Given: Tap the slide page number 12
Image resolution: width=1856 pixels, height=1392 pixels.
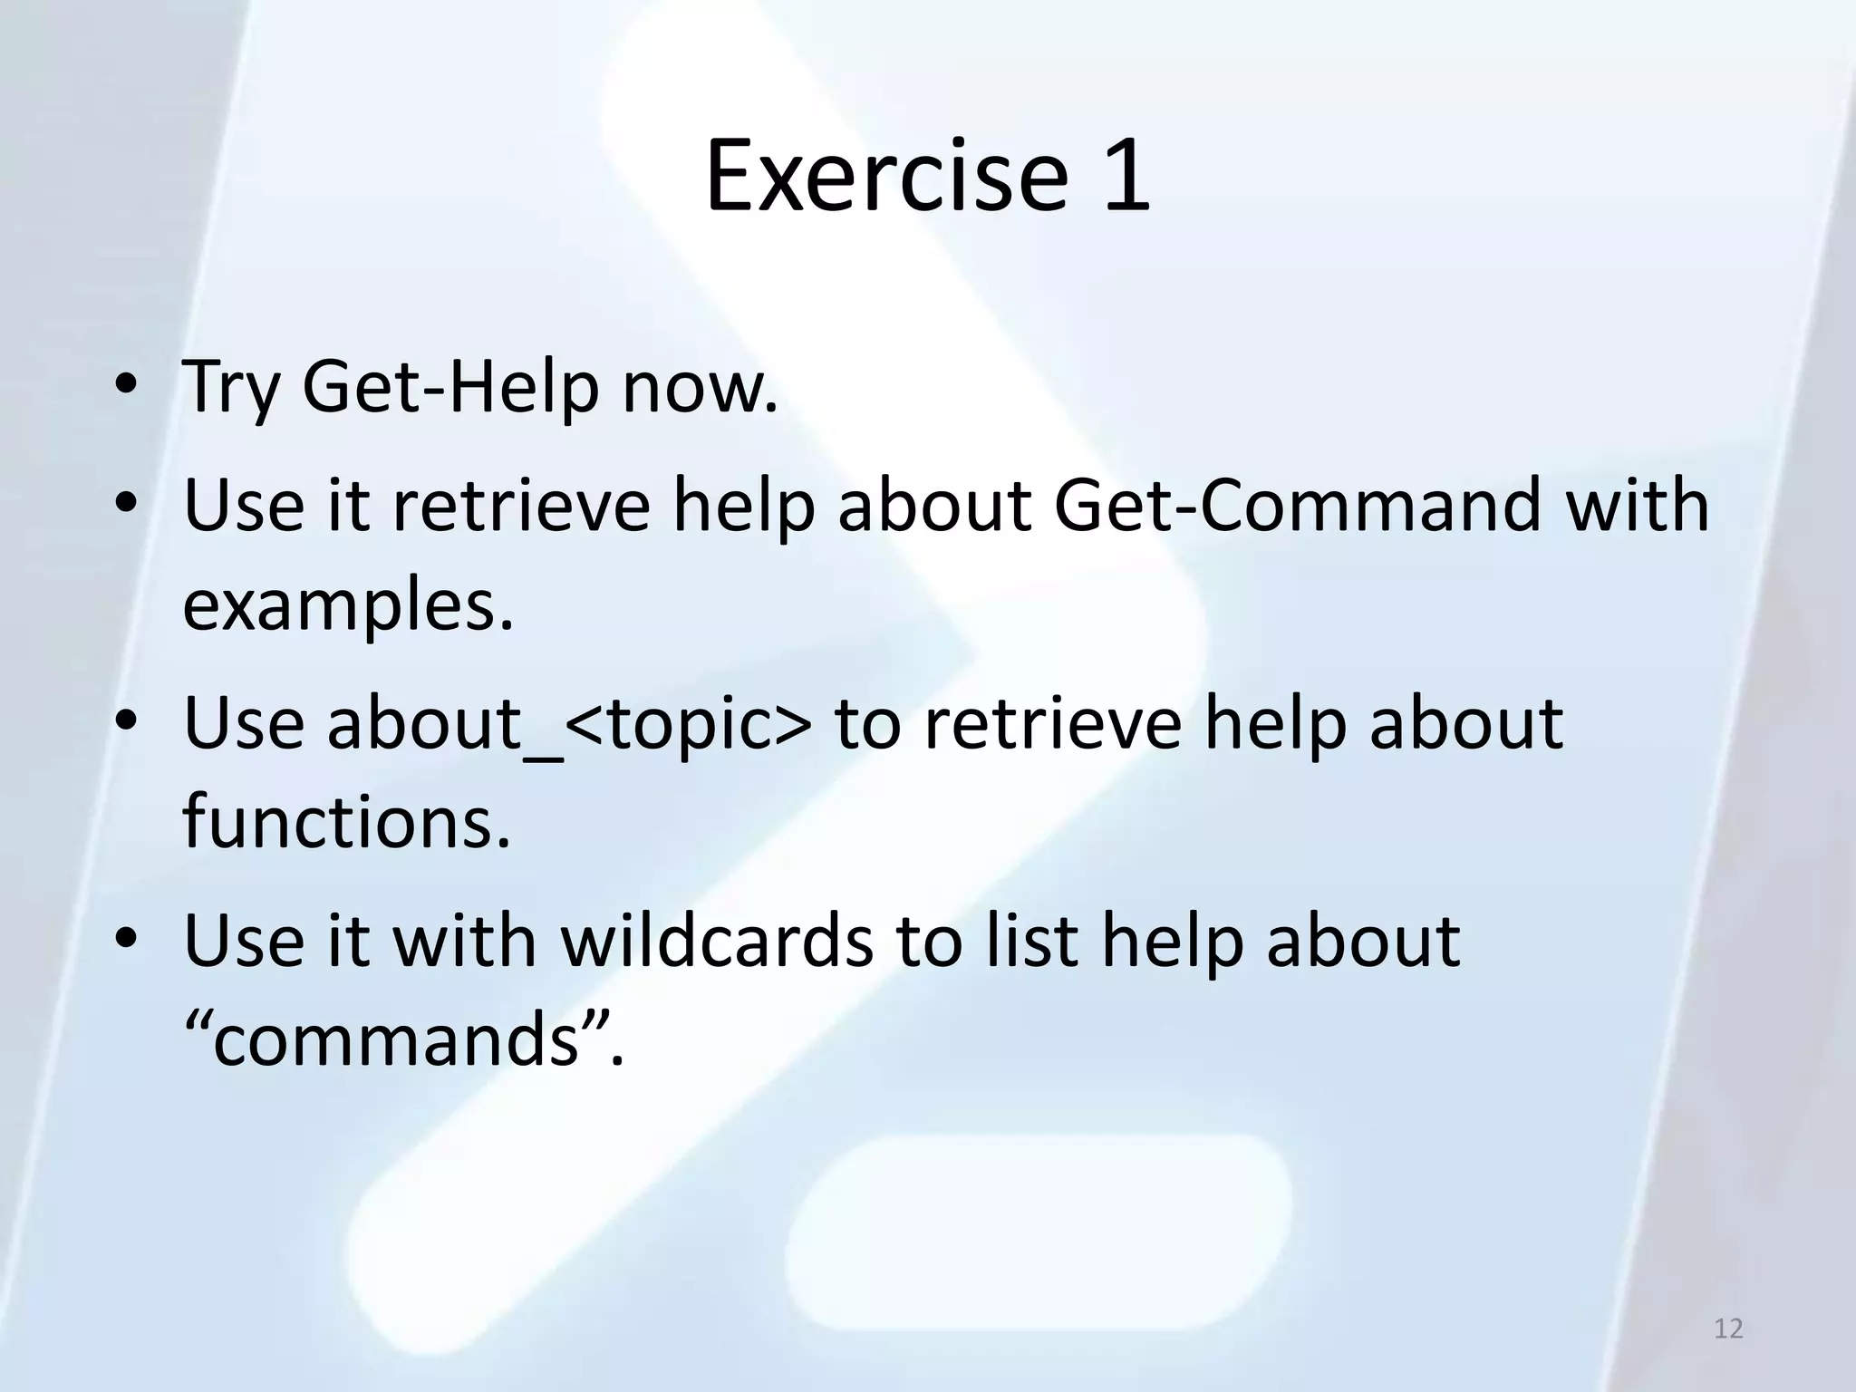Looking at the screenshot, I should click(x=1728, y=1329).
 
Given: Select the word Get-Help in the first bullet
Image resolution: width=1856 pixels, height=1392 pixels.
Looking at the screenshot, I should click(x=450, y=388).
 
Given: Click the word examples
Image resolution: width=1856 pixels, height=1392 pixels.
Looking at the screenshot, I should click(x=348, y=605).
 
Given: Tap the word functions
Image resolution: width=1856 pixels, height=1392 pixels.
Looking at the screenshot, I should click(x=347, y=821).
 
